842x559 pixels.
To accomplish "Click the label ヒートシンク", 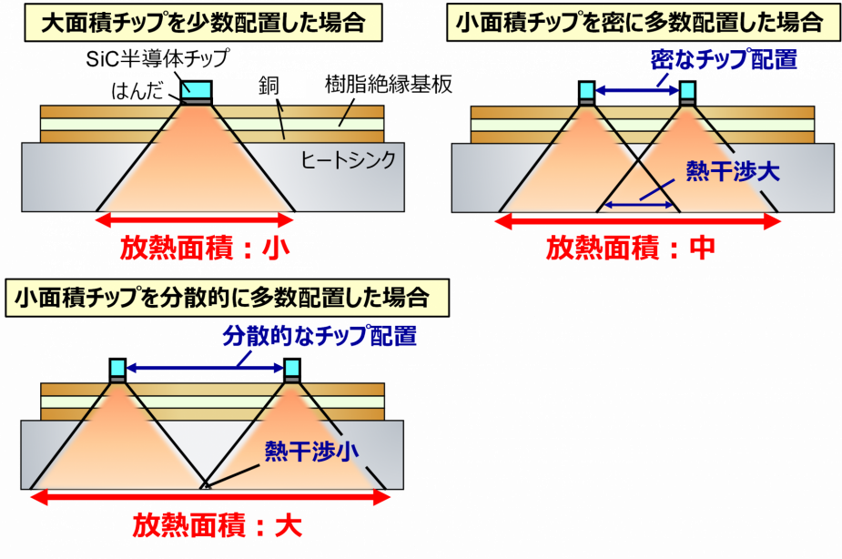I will pyautogui.click(x=349, y=160).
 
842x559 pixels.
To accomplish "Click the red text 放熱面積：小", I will pyautogui.click(x=196, y=249).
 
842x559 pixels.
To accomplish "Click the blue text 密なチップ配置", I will pyautogui.click(x=725, y=61).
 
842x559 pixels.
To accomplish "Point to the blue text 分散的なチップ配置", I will pyautogui.click(x=320, y=337).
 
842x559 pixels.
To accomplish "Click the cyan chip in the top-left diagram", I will pyautogui.click(x=196, y=90).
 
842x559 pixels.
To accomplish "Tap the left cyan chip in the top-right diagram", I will pyautogui.click(x=587, y=89).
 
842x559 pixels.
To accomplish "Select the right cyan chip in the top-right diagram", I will pyautogui.click(x=687, y=89).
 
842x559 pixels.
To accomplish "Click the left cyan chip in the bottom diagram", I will pyautogui.click(x=117, y=367).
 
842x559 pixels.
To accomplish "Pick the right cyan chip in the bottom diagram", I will pyautogui.click(x=292, y=367).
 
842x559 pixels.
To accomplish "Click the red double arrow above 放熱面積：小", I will pyautogui.click(x=196, y=219).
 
